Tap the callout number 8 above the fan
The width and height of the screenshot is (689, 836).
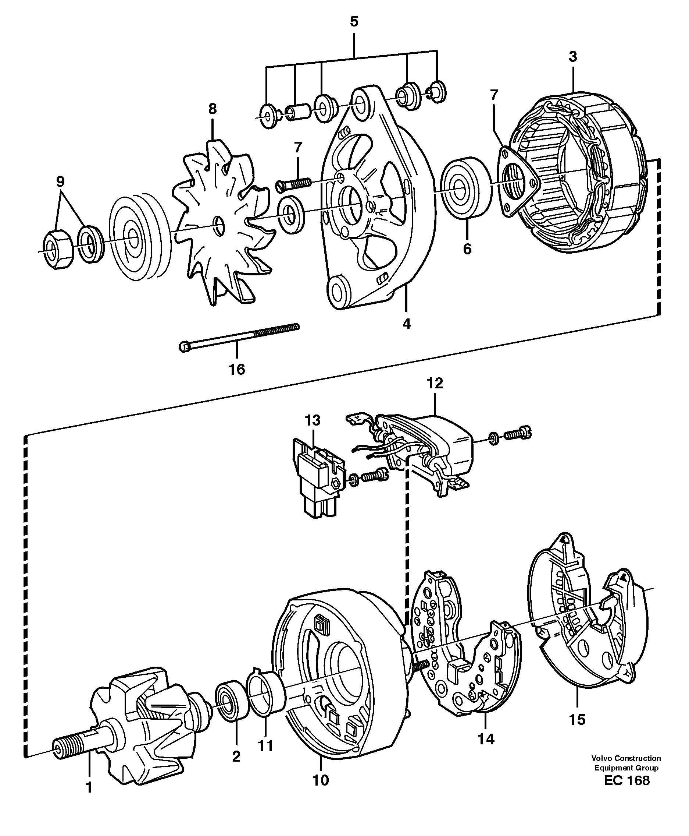213,109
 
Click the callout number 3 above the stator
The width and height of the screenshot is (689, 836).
573,57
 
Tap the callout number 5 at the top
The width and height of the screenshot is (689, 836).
354,21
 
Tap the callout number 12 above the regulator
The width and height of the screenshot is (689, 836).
435,384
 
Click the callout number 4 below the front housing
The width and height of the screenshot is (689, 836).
406,324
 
